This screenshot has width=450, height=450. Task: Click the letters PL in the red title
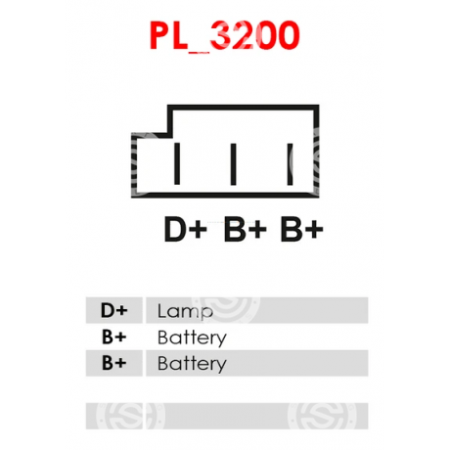(x=168, y=35)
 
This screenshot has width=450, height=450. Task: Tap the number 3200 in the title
(x=254, y=35)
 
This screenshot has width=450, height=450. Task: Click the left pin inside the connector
(x=177, y=163)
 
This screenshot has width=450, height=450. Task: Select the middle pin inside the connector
(x=233, y=164)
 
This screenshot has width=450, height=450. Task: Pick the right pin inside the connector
(x=290, y=164)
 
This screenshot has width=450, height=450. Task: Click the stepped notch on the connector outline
(x=167, y=134)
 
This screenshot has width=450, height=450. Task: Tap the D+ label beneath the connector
(x=186, y=229)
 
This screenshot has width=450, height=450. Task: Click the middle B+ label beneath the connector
(x=246, y=229)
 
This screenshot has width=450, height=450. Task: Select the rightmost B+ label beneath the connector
(x=302, y=229)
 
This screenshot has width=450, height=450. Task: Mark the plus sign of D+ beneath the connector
(x=198, y=229)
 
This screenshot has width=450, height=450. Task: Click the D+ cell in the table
(x=113, y=310)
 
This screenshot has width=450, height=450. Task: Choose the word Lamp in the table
(x=185, y=311)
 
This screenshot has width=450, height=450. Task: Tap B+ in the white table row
(x=113, y=337)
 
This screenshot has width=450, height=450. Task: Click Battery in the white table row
(x=192, y=338)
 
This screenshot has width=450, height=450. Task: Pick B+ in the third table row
(x=113, y=363)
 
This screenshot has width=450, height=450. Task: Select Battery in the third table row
(x=192, y=364)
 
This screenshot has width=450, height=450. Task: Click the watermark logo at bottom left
(x=130, y=416)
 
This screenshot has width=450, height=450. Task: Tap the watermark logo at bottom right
(x=322, y=416)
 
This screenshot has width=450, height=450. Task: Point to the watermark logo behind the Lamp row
(x=226, y=310)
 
